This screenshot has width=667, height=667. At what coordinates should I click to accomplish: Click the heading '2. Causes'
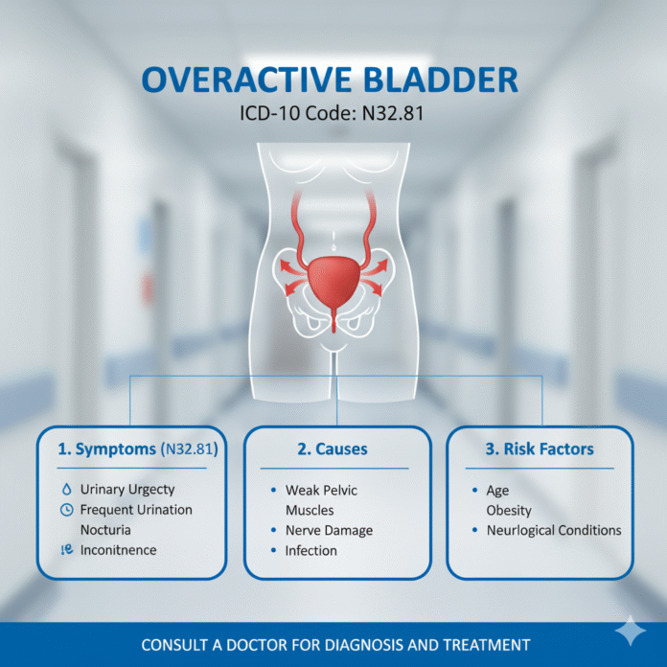coord(333,448)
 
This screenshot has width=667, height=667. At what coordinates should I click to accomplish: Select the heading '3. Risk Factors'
coord(540,448)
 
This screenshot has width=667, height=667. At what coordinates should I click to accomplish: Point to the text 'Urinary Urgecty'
coord(127,490)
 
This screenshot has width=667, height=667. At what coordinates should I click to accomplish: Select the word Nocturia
coord(106,529)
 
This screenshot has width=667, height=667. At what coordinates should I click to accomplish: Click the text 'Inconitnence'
coord(119,550)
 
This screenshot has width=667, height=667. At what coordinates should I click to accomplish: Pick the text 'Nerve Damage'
coord(329,530)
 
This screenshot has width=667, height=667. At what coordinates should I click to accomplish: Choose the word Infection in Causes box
coord(310,550)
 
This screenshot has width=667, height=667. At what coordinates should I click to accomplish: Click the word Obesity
coord(509,510)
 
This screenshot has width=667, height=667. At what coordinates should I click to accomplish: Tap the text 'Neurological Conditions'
coord(553,530)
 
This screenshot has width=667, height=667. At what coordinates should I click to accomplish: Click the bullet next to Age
coord(476,490)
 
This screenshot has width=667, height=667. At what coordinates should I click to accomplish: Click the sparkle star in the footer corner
coord(630,632)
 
